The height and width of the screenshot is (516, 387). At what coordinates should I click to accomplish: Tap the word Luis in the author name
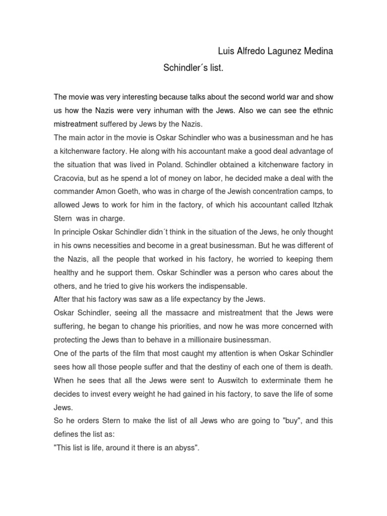click(x=225, y=52)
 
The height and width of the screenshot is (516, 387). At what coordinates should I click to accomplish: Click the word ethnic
click(x=320, y=110)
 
